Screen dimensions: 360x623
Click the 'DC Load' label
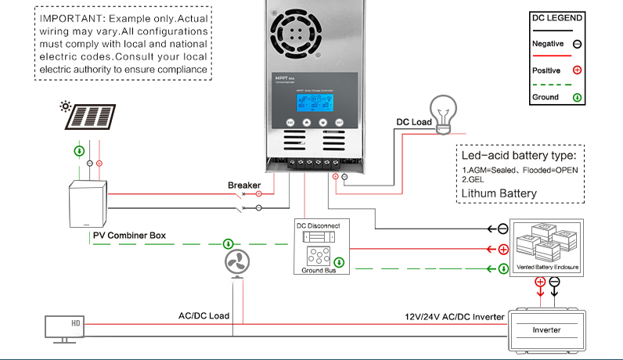point(413,122)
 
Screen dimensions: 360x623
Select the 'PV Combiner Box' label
point(129,235)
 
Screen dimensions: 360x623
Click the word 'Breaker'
point(243,185)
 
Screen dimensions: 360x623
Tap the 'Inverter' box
point(546,329)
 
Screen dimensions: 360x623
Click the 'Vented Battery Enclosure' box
point(547,246)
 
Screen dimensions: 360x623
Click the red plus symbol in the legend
point(577,70)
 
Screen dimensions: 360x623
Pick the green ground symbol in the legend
point(577,98)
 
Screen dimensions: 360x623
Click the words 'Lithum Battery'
point(499,193)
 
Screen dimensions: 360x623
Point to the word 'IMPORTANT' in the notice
point(67,17)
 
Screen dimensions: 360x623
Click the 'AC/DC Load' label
point(203,316)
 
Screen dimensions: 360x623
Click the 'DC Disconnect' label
point(318,226)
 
